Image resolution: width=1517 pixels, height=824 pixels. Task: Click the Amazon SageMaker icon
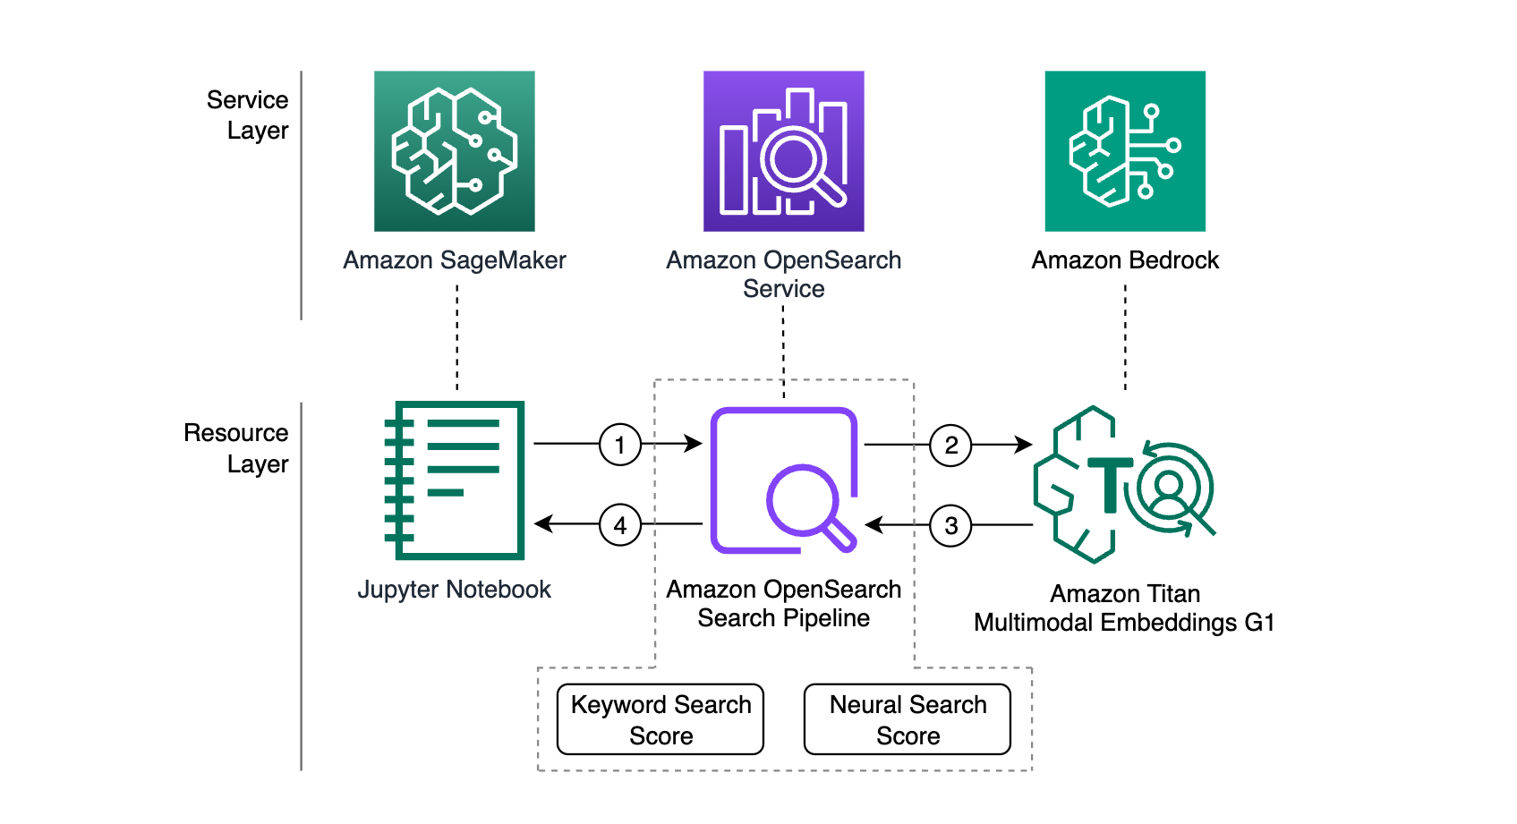point(455,151)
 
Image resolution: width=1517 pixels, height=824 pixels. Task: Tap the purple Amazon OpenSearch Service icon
point(783,151)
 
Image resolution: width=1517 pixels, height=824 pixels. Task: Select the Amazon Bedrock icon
point(1125,151)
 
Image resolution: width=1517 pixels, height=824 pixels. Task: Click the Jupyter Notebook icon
point(455,480)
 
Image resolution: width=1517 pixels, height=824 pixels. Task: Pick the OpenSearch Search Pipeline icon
point(784,480)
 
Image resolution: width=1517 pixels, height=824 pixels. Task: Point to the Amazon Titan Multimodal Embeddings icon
point(1124,484)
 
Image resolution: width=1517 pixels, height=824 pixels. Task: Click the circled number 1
point(619,445)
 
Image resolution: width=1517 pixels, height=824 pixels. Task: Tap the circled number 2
point(950,445)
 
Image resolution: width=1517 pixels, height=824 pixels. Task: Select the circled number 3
point(950,525)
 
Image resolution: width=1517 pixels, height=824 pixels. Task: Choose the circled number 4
point(619,525)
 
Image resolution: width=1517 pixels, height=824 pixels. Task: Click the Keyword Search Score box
point(660,719)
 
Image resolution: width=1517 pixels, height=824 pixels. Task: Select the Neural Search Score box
point(908,719)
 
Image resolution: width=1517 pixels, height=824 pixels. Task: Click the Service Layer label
point(248,115)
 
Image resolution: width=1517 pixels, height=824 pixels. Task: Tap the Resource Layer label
point(236,447)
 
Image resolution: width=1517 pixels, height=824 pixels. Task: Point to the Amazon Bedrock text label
point(1125,260)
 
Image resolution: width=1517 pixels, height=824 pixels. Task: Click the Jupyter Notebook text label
point(455,589)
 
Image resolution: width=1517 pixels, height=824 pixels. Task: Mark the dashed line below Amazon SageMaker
point(457,337)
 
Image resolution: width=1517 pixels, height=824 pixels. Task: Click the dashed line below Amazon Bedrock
point(1126,337)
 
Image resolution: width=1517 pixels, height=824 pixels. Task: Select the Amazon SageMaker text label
point(455,260)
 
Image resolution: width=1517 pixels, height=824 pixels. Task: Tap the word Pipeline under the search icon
point(826,618)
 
